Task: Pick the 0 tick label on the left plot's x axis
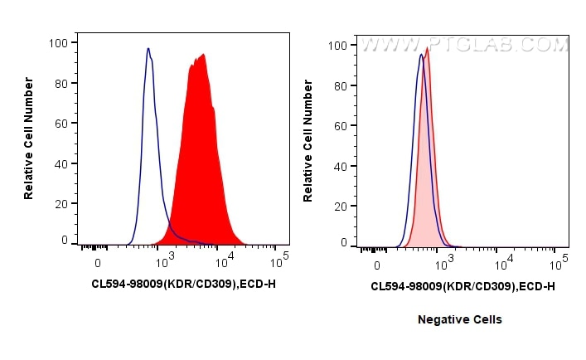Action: click(x=98, y=263)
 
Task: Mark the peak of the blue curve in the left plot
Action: click(x=148, y=49)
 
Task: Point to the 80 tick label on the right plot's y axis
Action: click(x=339, y=85)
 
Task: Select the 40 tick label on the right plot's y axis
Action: click(x=339, y=165)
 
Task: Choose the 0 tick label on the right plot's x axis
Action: click(x=377, y=263)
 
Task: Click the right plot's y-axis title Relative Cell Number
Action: click(x=308, y=142)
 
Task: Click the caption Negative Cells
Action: click(x=459, y=319)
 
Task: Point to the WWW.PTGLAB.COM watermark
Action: click(x=463, y=45)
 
